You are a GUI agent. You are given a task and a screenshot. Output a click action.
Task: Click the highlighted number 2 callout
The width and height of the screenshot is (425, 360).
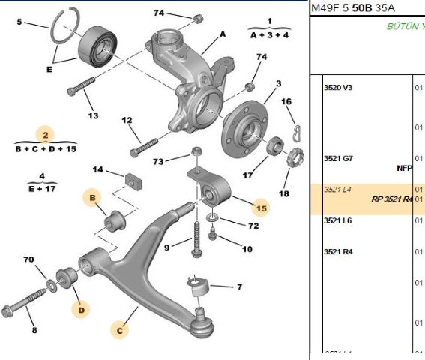click(x=46, y=135)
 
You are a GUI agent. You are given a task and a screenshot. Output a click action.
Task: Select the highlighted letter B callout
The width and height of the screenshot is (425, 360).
click(x=92, y=198)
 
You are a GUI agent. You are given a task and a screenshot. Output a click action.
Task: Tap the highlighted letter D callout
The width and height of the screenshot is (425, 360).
click(x=80, y=307)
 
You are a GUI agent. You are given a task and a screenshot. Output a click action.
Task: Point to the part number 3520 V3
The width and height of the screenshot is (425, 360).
click(x=337, y=88)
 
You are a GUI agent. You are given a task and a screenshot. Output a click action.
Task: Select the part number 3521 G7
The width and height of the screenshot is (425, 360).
click(x=337, y=158)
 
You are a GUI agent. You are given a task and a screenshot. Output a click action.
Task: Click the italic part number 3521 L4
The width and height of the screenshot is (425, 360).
click(x=337, y=190)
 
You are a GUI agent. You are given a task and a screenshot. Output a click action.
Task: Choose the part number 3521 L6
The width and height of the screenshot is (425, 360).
click(x=337, y=220)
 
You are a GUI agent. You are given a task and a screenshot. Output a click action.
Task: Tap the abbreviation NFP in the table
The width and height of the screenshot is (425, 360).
click(x=404, y=168)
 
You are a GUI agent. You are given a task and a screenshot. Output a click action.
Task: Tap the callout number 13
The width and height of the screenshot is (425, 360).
click(x=93, y=116)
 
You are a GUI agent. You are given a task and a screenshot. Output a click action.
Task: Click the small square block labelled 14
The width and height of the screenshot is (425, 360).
click(x=133, y=181)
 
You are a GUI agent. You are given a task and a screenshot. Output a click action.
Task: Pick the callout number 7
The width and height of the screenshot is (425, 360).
click(x=239, y=287)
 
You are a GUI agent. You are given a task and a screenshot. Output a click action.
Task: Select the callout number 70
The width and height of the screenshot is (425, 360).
click(x=28, y=260)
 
